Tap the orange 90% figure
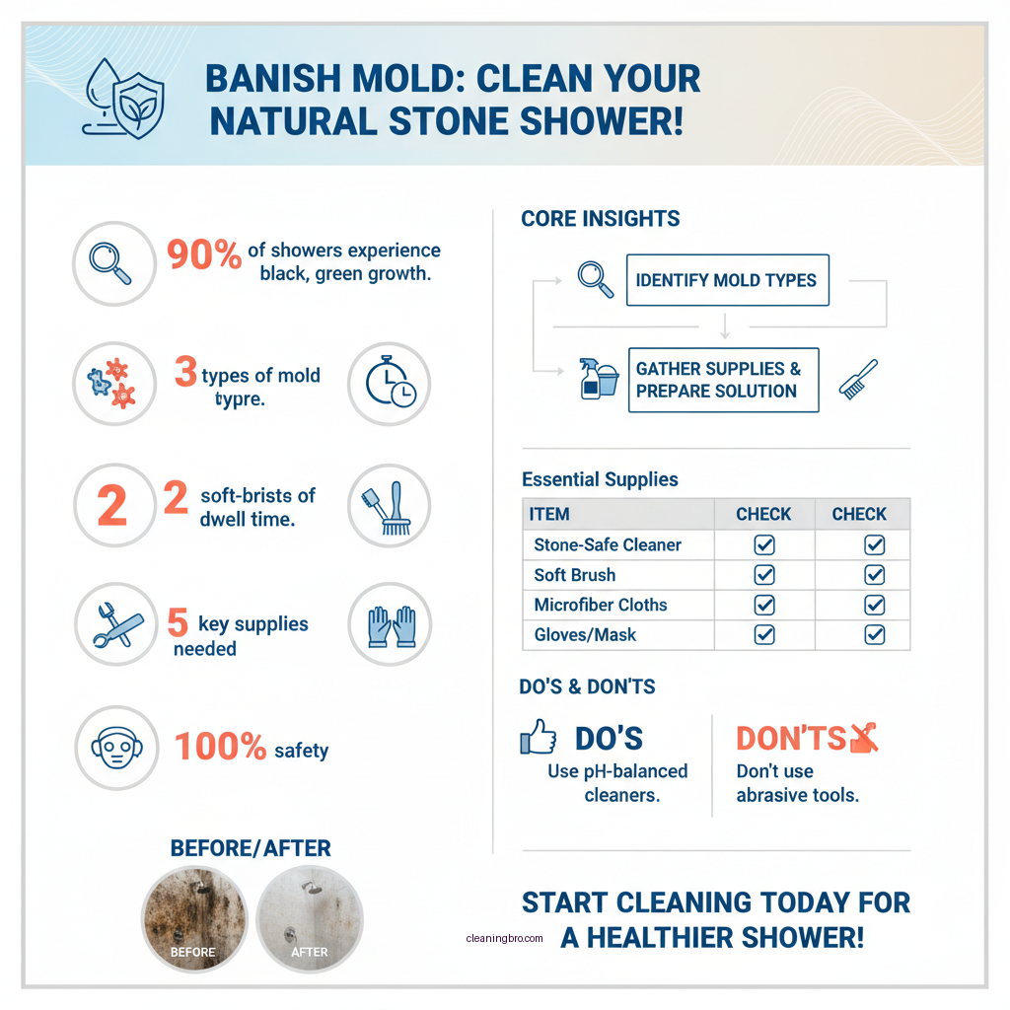pos(204,254)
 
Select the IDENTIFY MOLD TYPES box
pos(727,280)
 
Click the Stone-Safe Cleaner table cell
pos(608,544)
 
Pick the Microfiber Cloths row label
pos(601,605)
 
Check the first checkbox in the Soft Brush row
pos(763,575)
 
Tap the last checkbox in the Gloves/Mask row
pos(874,635)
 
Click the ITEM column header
pos(549,514)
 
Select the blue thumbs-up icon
pos(538,737)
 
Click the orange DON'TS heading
pos(790,739)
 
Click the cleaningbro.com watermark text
pos(504,939)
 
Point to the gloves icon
pos(390,625)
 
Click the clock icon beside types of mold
pos(391,385)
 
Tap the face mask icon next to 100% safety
pos(114,748)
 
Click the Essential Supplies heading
pos(600,480)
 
